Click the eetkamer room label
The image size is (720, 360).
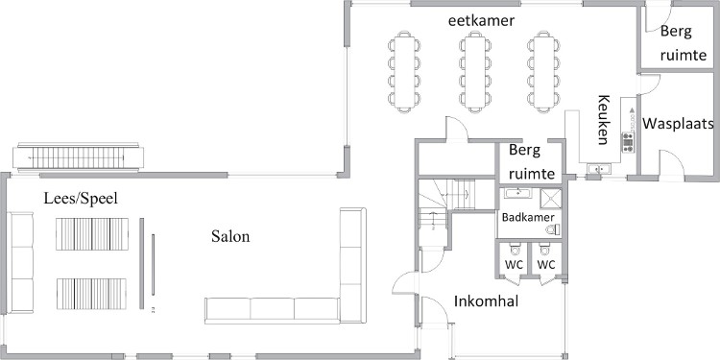coord(481,21)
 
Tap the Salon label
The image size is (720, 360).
coord(230,236)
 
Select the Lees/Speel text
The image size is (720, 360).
coord(81,199)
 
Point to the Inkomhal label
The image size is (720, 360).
coord(487,301)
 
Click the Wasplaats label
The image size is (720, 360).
coord(678,124)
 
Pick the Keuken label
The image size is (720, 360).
coord(604,119)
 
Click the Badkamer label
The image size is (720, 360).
coord(528,217)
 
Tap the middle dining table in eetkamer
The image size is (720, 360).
coord(475,72)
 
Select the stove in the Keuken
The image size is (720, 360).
coord(628,142)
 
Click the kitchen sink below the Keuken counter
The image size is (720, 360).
coord(599,169)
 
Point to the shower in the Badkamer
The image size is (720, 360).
coord(551,198)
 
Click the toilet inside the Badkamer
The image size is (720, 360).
coord(553,229)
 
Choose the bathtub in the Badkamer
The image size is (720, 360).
coord(518,193)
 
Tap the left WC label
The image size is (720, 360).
coord(514,265)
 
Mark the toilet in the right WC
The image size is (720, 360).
coord(545,250)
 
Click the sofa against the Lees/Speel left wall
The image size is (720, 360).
coord(21,263)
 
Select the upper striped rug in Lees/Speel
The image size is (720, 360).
coord(92,234)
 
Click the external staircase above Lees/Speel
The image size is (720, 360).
coord(78,157)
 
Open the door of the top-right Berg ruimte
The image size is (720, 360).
coord(653,17)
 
